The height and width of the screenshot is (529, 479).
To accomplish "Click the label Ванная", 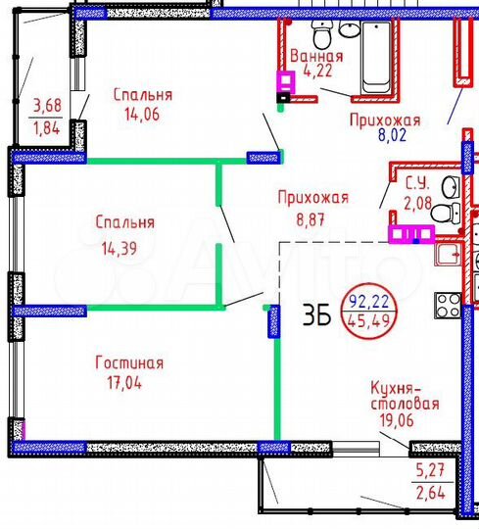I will (x=316, y=55).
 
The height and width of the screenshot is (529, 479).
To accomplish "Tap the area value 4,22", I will (x=316, y=71).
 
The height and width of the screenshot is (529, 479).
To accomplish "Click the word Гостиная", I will (x=128, y=363).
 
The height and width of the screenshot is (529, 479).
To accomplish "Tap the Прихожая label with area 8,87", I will (x=313, y=197).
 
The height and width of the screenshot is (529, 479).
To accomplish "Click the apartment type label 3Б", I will (x=315, y=315).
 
